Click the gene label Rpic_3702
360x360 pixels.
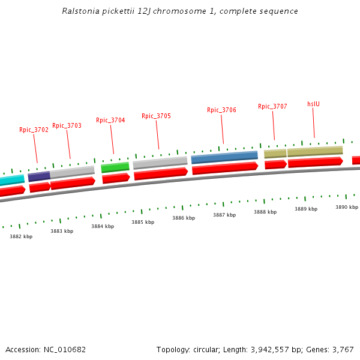34,130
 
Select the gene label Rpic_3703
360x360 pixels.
67,126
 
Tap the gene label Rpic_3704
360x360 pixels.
110,120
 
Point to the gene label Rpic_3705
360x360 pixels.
156,116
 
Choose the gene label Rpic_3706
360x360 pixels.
221,110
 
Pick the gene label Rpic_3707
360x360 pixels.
272,107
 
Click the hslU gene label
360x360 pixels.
313,104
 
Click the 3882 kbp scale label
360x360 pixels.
21,236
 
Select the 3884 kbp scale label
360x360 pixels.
103,226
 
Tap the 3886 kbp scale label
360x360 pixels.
184,218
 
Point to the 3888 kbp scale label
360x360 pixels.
265,212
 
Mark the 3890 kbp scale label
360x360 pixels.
347,207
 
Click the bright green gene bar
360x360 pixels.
115,167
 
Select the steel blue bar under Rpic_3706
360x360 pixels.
224,157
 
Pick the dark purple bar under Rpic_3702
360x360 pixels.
39,176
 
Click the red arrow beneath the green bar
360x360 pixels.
116,178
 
